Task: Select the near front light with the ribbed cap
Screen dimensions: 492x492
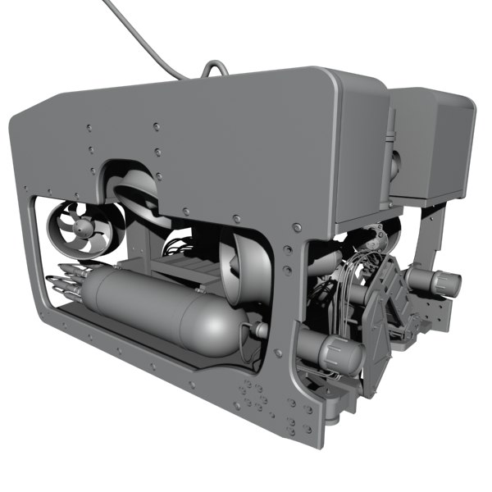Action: tap(336, 352)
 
